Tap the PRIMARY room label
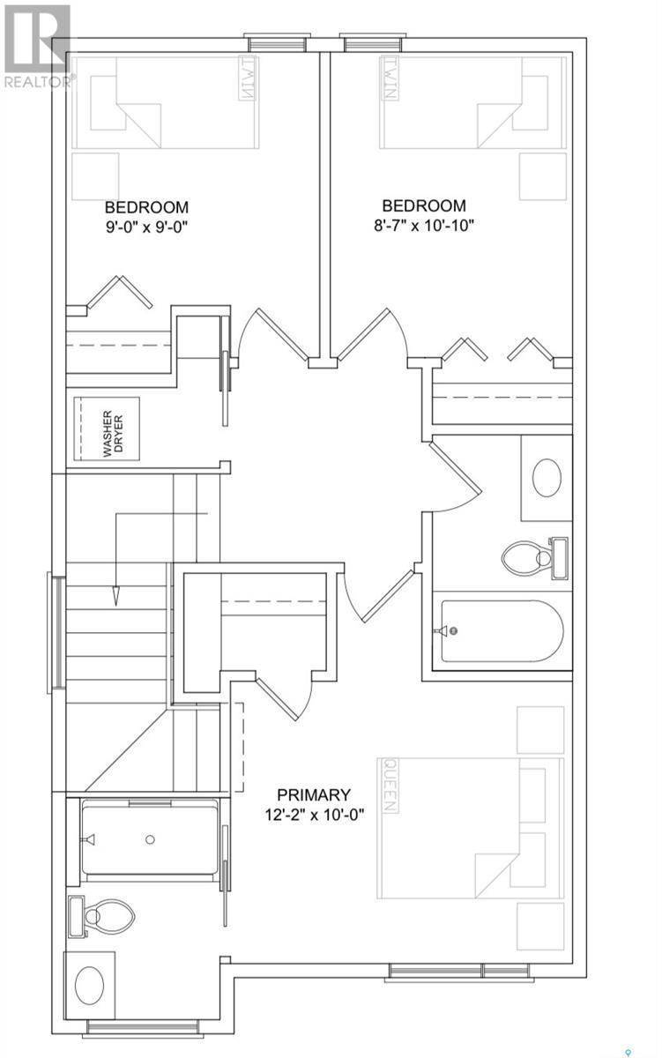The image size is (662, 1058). pos(314,794)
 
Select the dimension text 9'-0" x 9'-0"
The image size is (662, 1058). pos(147,226)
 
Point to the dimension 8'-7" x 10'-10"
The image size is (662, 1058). pos(423,225)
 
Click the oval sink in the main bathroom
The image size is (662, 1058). pos(548,478)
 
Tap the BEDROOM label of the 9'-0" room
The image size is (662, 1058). pos(146,207)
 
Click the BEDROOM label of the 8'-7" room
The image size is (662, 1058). pos(423,206)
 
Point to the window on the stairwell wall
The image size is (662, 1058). pos(56,632)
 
